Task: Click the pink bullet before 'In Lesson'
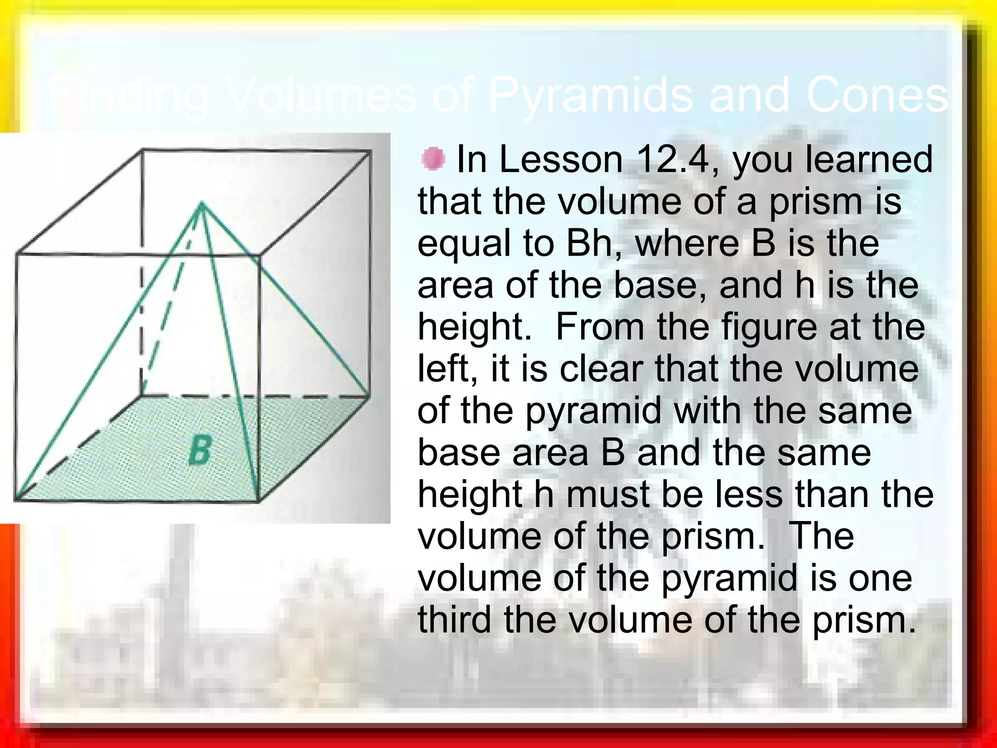pos(433,159)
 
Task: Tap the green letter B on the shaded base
pos(200,450)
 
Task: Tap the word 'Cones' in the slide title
pos(877,95)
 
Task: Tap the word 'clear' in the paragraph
pos(602,369)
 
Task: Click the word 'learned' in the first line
pos(868,160)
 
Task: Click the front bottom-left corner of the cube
pos(16,499)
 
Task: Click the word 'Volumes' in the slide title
pos(322,95)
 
